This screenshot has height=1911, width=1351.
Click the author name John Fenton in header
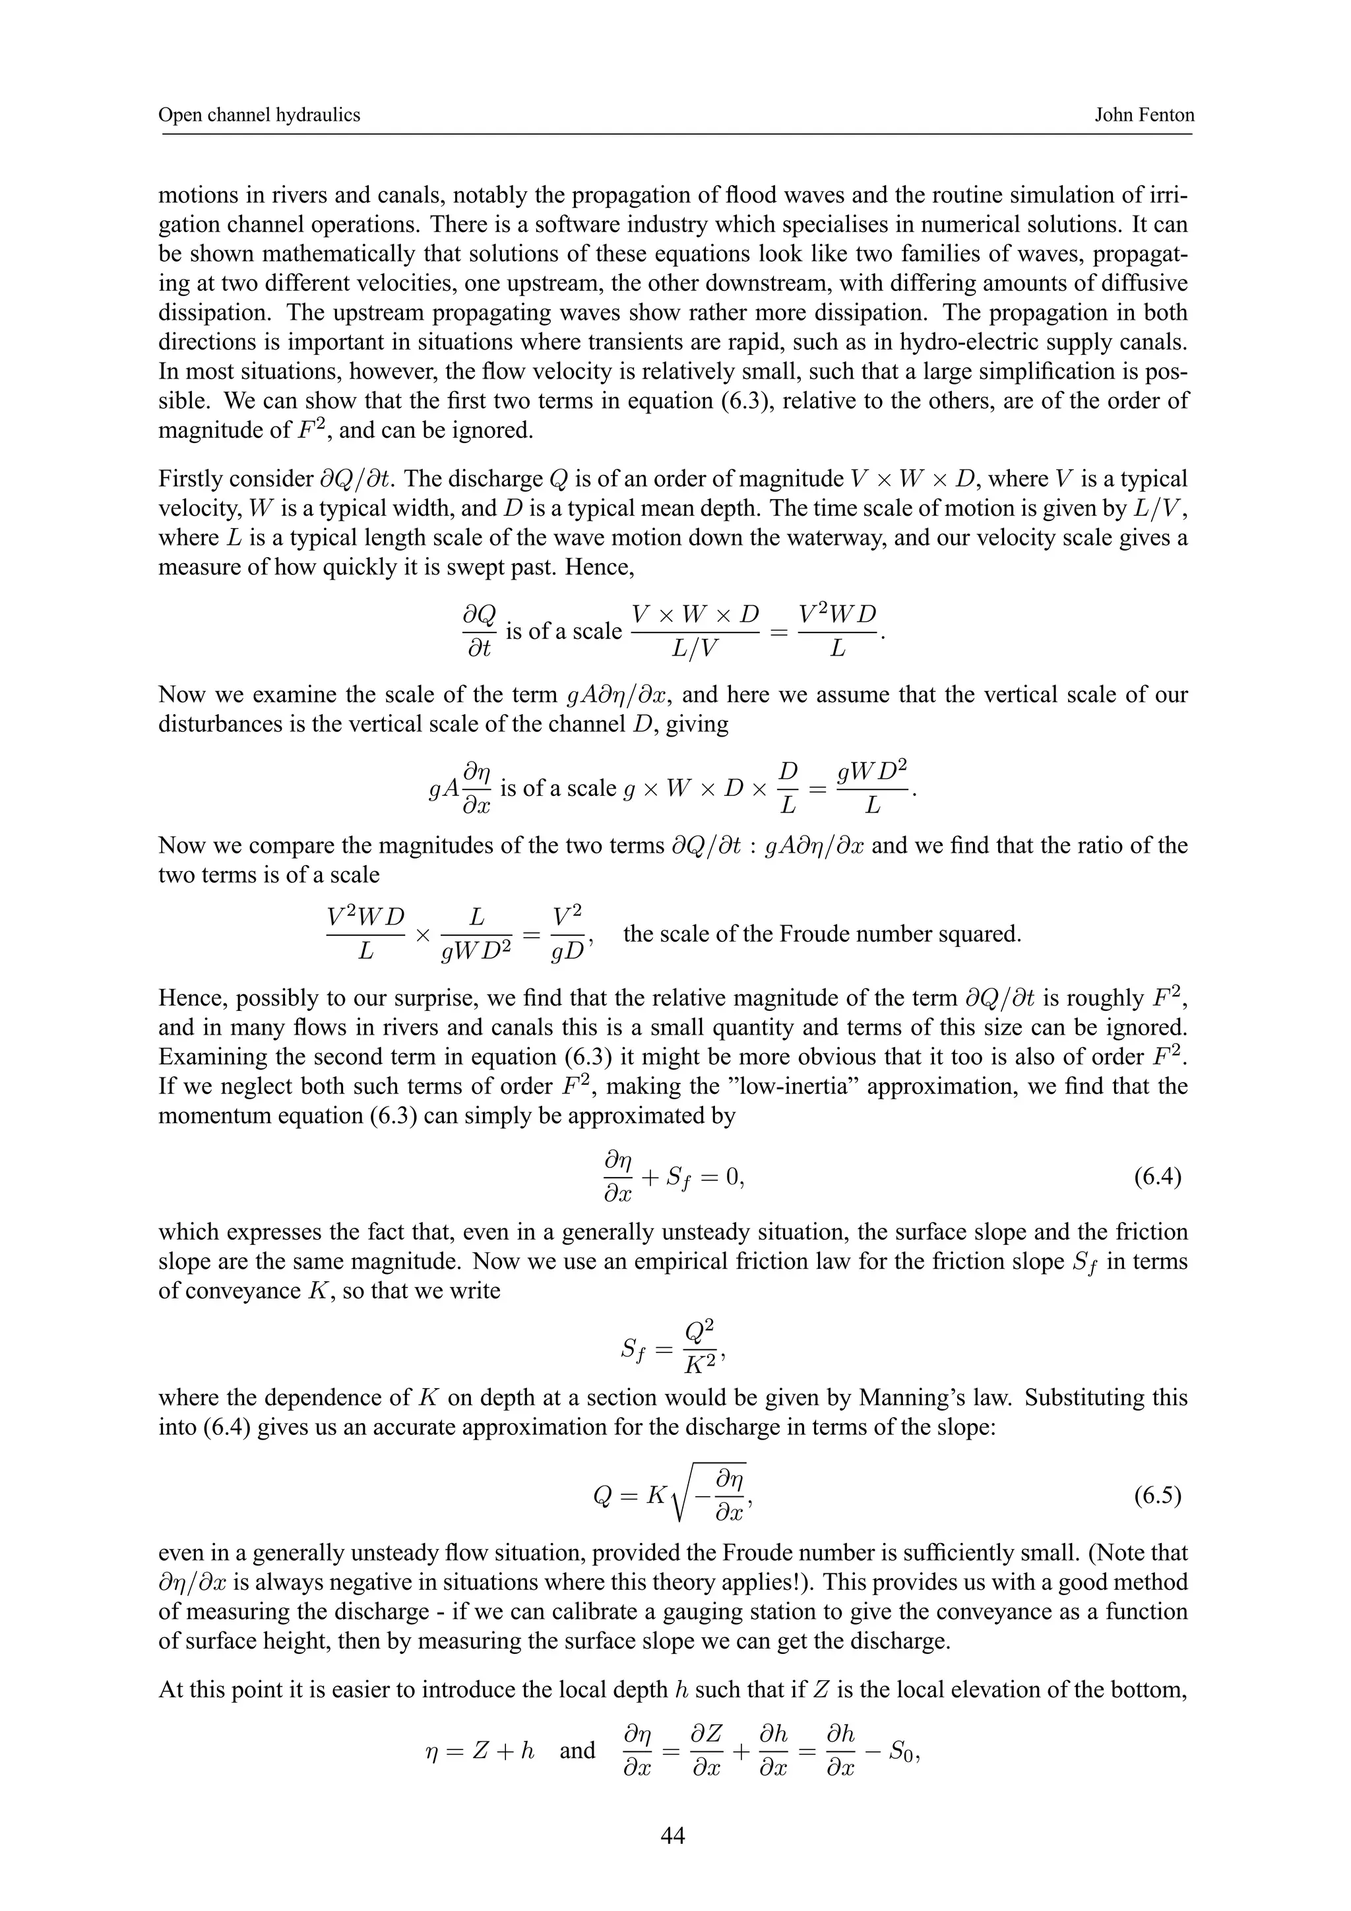(1144, 115)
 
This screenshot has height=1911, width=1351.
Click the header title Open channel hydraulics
(259, 115)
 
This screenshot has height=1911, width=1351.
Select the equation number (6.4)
(1157, 1177)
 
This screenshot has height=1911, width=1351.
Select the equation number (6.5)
(1157, 1496)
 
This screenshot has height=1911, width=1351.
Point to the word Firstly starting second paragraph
(190, 479)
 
